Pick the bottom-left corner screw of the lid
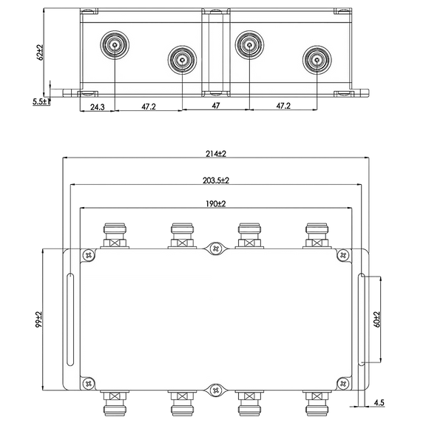[89, 383]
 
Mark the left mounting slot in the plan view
[70, 319]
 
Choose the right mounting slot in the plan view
[361, 319]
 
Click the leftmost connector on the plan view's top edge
[115, 235]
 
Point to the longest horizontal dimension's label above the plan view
[215, 153]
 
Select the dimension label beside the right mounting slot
[375, 319]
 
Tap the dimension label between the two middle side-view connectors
[215, 106]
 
